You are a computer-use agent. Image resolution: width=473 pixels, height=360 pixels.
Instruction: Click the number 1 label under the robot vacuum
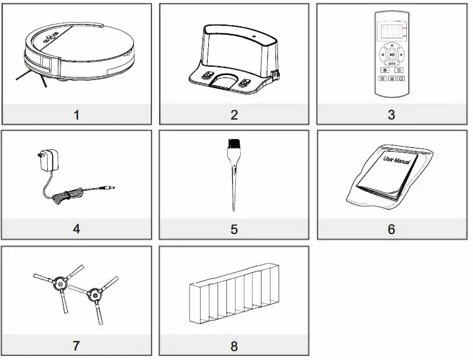(x=76, y=115)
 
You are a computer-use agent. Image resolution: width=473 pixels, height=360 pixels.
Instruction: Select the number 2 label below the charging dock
(x=234, y=115)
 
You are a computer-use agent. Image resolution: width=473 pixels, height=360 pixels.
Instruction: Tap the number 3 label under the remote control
(x=391, y=115)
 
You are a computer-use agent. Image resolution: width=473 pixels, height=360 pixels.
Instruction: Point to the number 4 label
(x=76, y=229)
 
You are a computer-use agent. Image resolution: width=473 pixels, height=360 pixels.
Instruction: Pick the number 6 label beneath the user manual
(x=391, y=230)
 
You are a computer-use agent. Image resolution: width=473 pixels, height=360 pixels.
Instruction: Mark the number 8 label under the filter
(x=234, y=346)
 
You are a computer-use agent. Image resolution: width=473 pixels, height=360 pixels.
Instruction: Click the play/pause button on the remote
(x=392, y=55)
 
